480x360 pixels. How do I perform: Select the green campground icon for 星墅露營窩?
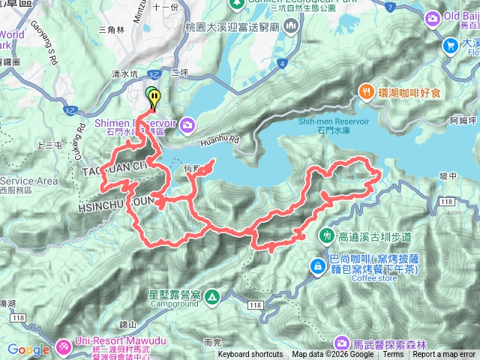212,298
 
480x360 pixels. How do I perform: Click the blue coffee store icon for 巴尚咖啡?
318,266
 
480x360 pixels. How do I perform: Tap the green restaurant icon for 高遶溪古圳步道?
326,235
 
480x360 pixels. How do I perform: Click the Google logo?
28,349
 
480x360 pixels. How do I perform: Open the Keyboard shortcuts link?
250,355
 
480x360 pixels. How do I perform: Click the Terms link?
392,355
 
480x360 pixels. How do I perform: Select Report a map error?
445,355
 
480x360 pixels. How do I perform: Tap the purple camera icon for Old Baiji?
433,17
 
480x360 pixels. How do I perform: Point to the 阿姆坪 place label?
462,119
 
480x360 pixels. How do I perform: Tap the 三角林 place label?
111,30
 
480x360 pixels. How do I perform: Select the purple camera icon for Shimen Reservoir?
186,122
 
